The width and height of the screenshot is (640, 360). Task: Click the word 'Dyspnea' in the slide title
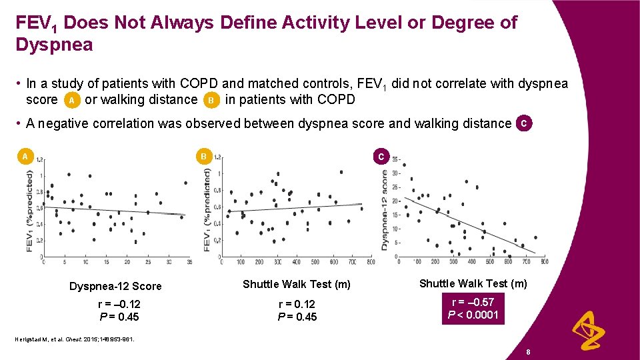coord(54,45)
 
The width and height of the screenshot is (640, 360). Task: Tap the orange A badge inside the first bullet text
coord(71,101)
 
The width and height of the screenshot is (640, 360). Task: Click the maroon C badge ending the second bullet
coord(525,123)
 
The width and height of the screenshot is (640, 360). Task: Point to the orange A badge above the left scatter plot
coord(25,157)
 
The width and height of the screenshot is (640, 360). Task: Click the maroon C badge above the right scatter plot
coord(380,157)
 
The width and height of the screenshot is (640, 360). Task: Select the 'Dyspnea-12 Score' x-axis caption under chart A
coord(115,286)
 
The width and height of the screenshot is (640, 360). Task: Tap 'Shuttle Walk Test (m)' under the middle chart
coord(296,285)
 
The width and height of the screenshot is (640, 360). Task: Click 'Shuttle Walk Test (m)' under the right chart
coord(473,283)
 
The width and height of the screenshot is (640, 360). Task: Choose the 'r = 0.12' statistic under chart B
coord(297,304)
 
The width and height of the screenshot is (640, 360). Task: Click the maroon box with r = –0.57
coord(472,309)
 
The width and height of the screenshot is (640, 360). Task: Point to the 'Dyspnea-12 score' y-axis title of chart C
coord(385,209)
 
